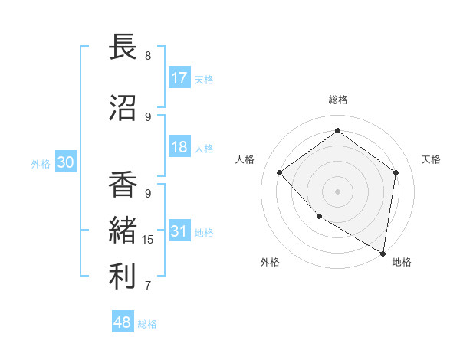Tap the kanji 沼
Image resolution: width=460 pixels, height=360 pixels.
tap(123, 108)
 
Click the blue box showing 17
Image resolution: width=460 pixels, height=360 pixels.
tap(179, 78)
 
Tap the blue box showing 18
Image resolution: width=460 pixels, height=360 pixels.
tap(179, 148)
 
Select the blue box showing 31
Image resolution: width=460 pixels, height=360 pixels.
tap(179, 231)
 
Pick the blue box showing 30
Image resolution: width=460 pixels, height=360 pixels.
tap(65, 163)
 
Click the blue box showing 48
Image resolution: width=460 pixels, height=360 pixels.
tap(123, 322)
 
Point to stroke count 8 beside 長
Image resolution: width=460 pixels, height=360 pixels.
tap(148, 56)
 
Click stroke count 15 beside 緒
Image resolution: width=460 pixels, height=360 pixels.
tap(148, 240)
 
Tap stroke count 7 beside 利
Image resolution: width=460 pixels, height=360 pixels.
tap(148, 286)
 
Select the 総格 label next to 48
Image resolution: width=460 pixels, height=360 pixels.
tap(147, 324)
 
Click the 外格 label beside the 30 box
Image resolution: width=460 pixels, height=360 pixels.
tap(40, 164)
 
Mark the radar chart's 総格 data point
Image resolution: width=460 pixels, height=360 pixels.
tap(337, 130)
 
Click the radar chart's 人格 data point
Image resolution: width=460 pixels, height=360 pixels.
tap(280, 173)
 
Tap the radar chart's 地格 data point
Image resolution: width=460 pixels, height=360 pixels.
tap(383, 252)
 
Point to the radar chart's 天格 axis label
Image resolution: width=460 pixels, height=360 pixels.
tap(432, 159)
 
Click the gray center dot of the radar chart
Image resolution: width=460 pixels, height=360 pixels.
tap(337, 191)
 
